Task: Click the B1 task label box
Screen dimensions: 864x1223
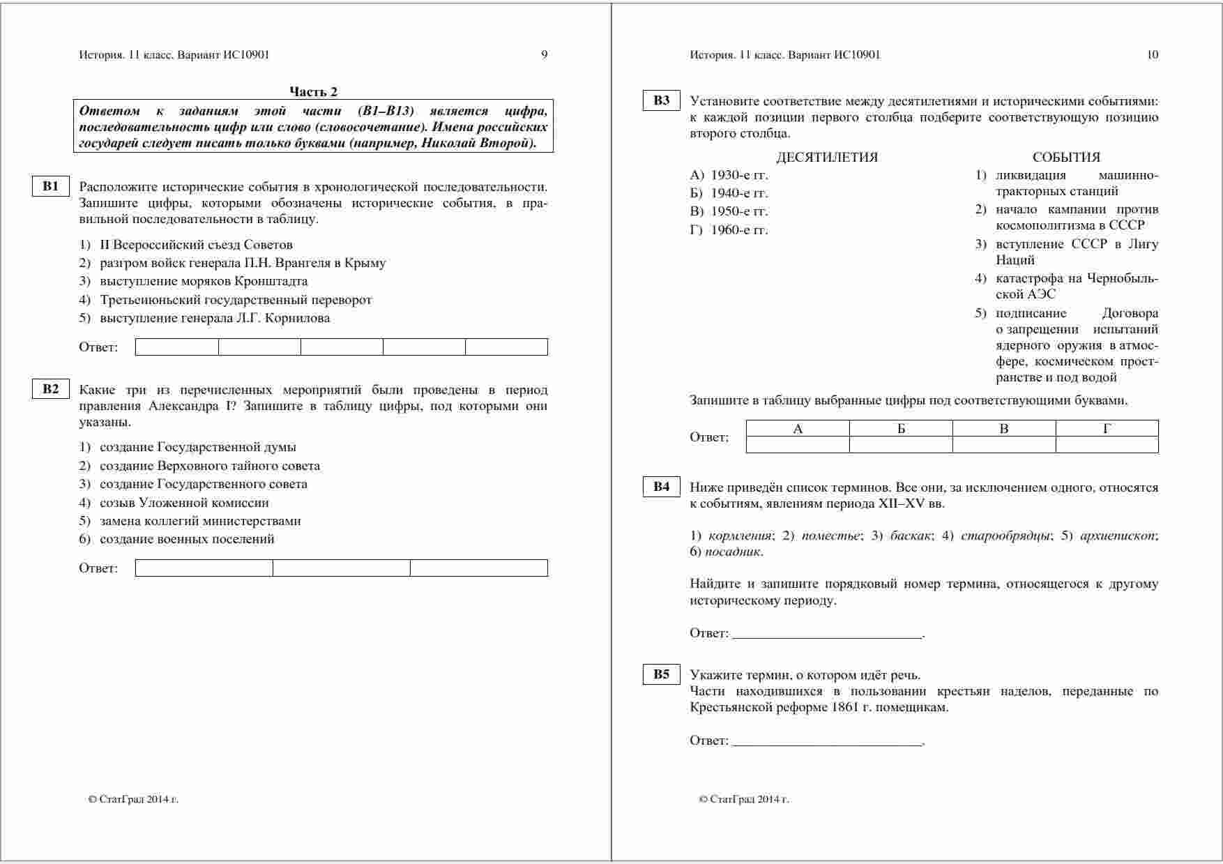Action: click(50, 186)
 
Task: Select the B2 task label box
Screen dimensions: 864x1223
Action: click(50, 389)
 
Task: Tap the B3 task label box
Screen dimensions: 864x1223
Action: click(661, 100)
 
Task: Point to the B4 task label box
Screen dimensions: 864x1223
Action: click(661, 487)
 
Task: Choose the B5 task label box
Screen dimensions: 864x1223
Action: click(661, 674)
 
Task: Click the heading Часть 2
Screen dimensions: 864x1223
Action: click(313, 92)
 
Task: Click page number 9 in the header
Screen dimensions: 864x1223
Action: click(544, 55)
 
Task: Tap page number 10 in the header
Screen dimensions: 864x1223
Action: click(1153, 55)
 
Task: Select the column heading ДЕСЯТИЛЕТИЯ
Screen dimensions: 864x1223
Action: click(826, 158)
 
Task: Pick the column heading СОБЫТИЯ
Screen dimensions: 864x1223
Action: click(1066, 158)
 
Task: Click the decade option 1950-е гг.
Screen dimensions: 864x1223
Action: click(739, 211)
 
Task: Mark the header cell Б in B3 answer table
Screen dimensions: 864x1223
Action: click(901, 429)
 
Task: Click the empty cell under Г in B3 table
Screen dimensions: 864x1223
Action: click(1107, 444)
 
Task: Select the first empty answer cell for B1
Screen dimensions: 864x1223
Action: click(177, 347)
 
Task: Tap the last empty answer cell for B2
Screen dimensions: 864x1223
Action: click(478, 568)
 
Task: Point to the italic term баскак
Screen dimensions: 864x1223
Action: click(911, 536)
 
